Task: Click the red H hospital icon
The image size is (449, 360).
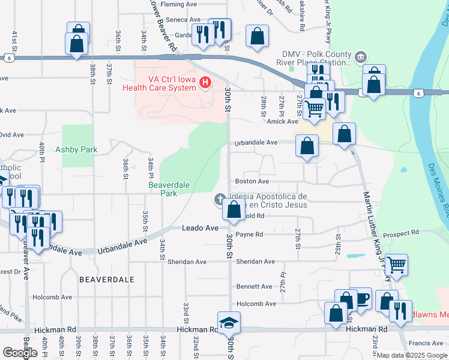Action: click(206, 82)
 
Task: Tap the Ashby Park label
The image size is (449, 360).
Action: click(72, 149)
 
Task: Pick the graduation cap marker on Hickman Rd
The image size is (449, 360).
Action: click(229, 323)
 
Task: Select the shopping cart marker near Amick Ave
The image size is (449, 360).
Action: click(313, 109)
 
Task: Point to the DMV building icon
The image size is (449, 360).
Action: click(360, 58)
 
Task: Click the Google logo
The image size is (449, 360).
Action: click(20, 353)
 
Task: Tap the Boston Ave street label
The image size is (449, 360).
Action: click(252, 181)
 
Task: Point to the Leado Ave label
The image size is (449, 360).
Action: click(200, 229)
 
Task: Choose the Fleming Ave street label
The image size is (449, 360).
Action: click(179, 4)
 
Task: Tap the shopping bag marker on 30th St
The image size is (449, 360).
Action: click(234, 209)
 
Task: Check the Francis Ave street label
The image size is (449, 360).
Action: click(424, 343)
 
